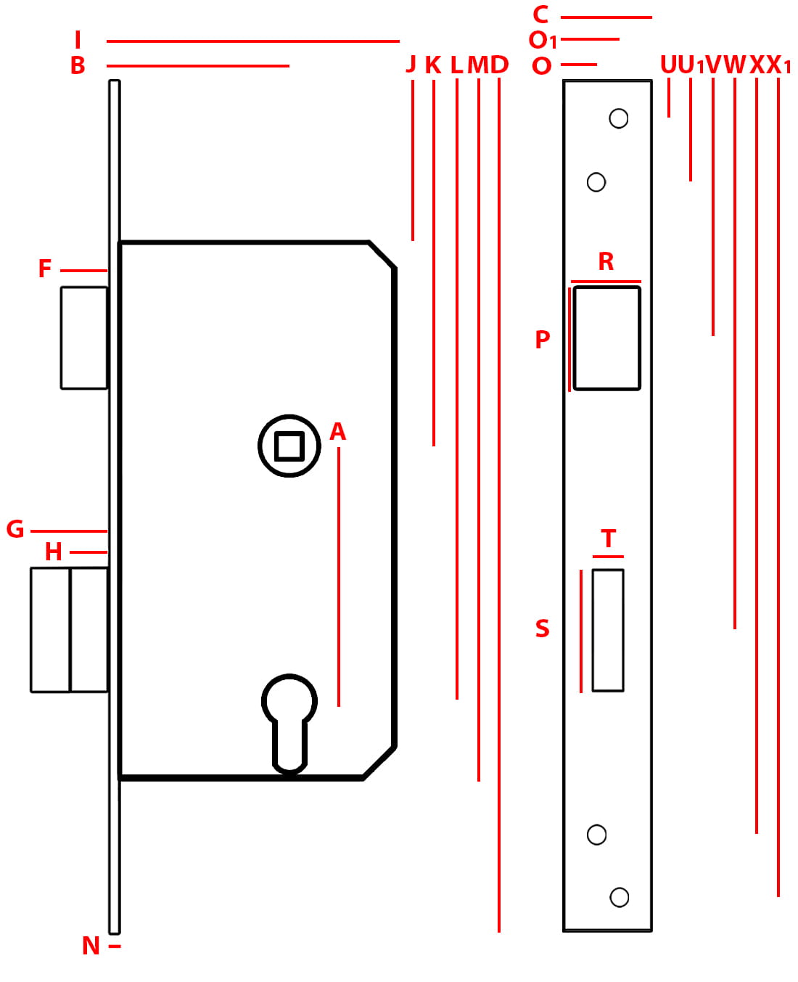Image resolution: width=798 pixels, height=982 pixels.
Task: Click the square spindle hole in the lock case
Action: [289, 446]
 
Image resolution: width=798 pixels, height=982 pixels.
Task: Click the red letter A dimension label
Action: [338, 431]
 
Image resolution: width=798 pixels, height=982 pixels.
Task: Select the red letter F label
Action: [45, 268]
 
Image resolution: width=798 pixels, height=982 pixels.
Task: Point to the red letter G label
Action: [15, 529]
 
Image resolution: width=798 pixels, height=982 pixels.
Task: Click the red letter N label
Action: [91, 946]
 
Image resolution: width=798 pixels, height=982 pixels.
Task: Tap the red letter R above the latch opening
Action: [606, 261]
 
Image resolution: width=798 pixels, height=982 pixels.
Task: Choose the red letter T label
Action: [608, 538]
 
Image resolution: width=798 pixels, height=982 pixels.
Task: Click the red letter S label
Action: [543, 628]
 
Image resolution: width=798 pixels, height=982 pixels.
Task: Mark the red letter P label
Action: [543, 340]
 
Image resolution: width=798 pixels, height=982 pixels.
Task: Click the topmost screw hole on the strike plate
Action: [618, 118]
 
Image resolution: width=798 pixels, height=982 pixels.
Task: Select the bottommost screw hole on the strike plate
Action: [619, 896]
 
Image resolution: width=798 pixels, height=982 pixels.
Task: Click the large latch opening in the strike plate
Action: [606, 338]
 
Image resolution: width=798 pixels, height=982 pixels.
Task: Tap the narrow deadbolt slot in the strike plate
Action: [608, 630]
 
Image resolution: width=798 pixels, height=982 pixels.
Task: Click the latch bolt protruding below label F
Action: [84, 337]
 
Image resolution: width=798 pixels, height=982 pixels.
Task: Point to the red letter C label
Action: [540, 15]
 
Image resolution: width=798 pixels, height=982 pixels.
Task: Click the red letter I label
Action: [78, 40]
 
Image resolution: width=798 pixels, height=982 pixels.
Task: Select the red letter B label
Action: [78, 65]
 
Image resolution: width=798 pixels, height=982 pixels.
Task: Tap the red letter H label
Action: [54, 552]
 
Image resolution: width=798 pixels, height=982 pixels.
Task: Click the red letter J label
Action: [411, 64]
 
